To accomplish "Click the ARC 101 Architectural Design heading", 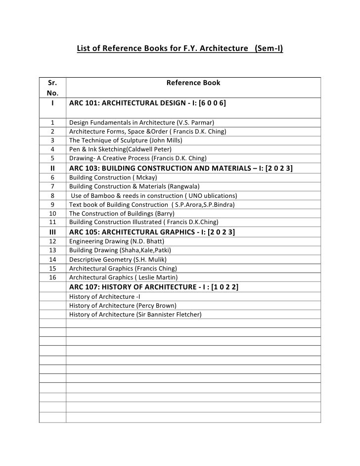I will pyautogui.click(x=147, y=104).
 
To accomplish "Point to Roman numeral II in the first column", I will pyautogui.click(x=52, y=169).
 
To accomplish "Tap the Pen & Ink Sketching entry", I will pyautogui.click(x=120, y=149).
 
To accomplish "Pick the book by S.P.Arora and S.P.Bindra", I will pyautogui.click(x=152, y=204).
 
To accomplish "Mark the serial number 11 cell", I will pyautogui.click(x=52, y=222).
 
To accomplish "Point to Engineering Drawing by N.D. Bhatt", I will pyautogui.click(x=113, y=241).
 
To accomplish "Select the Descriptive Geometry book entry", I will pyautogui.click(x=118, y=259).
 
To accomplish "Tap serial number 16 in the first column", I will pyautogui.click(x=52, y=277).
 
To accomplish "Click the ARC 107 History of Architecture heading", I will pyautogui.click(x=154, y=287).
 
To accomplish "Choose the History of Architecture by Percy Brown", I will pyautogui.click(x=123, y=305).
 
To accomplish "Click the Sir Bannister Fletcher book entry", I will pyautogui.click(x=135, y=314).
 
